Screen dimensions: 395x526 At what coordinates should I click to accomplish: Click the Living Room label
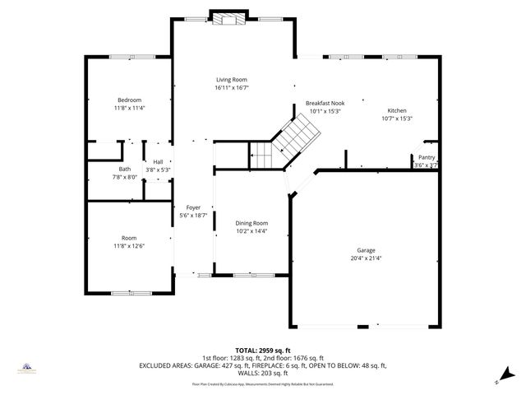pyautogui.click(x=231, y=79)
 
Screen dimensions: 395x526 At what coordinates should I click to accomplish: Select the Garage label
pyautogui.click(x=366, y=250)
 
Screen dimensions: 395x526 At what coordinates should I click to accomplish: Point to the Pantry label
pyautogui.click(x=427, y=157)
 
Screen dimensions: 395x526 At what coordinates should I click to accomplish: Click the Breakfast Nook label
pyautogui.click(x=325, y=103)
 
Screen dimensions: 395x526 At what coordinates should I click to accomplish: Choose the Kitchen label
pyautogui.click(x=397, y=110)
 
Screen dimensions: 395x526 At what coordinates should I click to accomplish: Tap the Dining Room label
pyautogui.click(x=252, y=223)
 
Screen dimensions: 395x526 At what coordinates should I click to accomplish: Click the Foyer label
pyautogui.click(x=193, y=207)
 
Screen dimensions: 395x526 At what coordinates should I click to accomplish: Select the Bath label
pyautogui.click(x=124, y=169)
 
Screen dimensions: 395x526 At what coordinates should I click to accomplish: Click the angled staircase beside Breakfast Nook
pyautogui.click(x=297, y=135)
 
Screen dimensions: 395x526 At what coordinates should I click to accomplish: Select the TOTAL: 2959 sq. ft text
pyautogui.click(x=263, y=351)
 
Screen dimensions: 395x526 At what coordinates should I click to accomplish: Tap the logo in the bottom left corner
pyautogui.click(x=26, y=368)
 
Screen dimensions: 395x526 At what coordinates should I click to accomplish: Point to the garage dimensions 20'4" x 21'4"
pyautogui.click(x=366, y=258)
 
